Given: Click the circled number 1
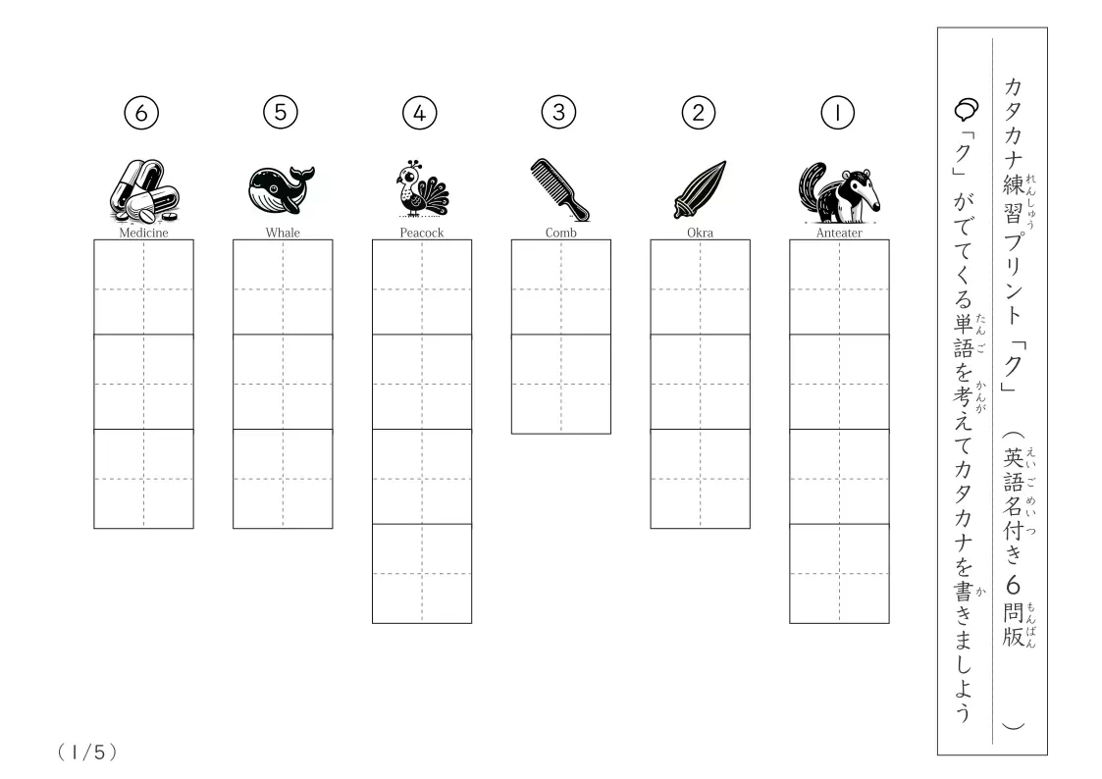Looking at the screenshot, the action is [x=837, y=113].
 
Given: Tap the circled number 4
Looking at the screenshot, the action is [x=420, y=113].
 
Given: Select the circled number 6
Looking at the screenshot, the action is [x=141, y=113].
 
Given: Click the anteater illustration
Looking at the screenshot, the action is [x=838, y=191].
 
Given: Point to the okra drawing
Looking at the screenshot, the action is [x=700, y=189].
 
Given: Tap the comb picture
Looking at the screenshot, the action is [x=560, y=189].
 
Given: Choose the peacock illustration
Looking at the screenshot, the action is [x=422, y=188].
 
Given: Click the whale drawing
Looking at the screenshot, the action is [x=281, y=189].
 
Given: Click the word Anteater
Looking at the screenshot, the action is [x=839, y=233].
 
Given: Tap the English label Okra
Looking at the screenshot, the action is [x=700, y=233].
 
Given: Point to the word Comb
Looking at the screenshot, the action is [x=561, y=233].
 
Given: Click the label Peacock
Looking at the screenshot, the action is [x=422, y=233].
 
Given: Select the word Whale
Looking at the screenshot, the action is [x=283, y=233].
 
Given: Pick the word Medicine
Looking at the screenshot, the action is [x=143, y=233].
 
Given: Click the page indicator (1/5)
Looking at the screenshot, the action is [x=87, y=753].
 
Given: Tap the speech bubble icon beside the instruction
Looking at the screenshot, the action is [x=967, y=109].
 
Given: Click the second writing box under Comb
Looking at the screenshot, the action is [x=561, y=385].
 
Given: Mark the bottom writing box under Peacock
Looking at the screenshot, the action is [x=422, y=574].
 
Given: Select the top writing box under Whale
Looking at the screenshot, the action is [x=283, y=287].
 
